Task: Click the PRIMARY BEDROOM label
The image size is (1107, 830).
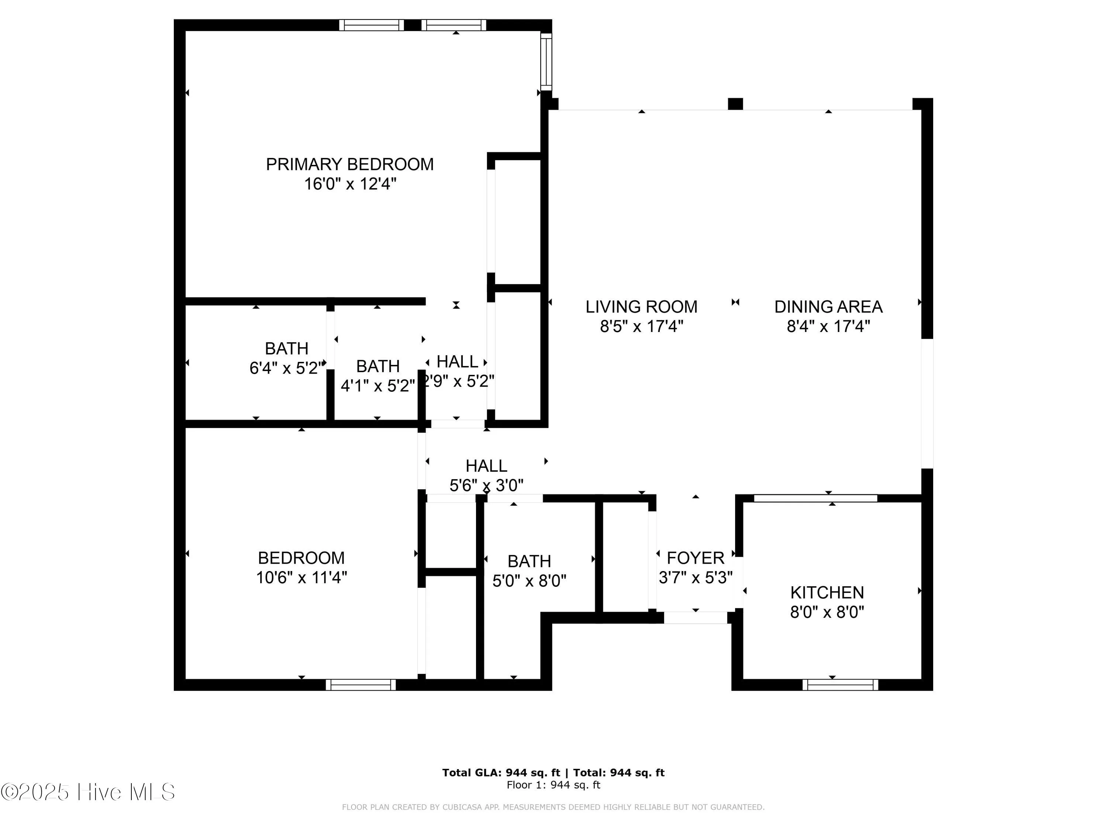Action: [349, 164]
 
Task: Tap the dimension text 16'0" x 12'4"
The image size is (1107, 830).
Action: [350, 184]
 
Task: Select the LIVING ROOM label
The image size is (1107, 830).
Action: [641, 307]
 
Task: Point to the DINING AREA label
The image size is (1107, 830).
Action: [828, 307]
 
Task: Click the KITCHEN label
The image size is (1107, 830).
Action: [827, 592]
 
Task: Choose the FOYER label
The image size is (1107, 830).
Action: [695, 558]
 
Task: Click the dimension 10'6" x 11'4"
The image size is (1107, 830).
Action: [301, 578]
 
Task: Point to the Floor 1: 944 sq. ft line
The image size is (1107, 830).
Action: [553, 785]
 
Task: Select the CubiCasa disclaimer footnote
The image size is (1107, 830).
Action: [553, 807]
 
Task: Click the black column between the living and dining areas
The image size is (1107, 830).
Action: [735, 104]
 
